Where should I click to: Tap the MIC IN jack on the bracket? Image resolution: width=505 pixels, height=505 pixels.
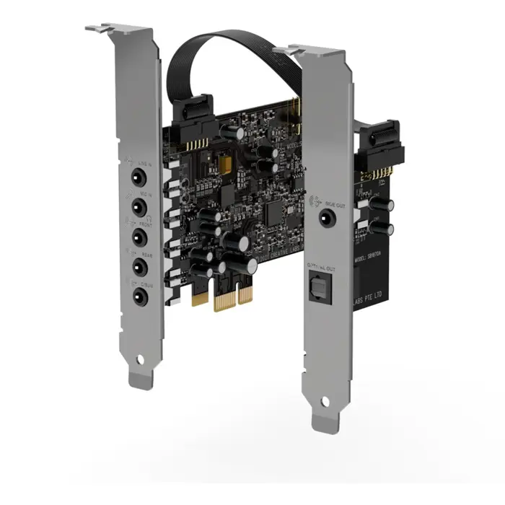pos(135,205)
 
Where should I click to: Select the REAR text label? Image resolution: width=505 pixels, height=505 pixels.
pos(147,255)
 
